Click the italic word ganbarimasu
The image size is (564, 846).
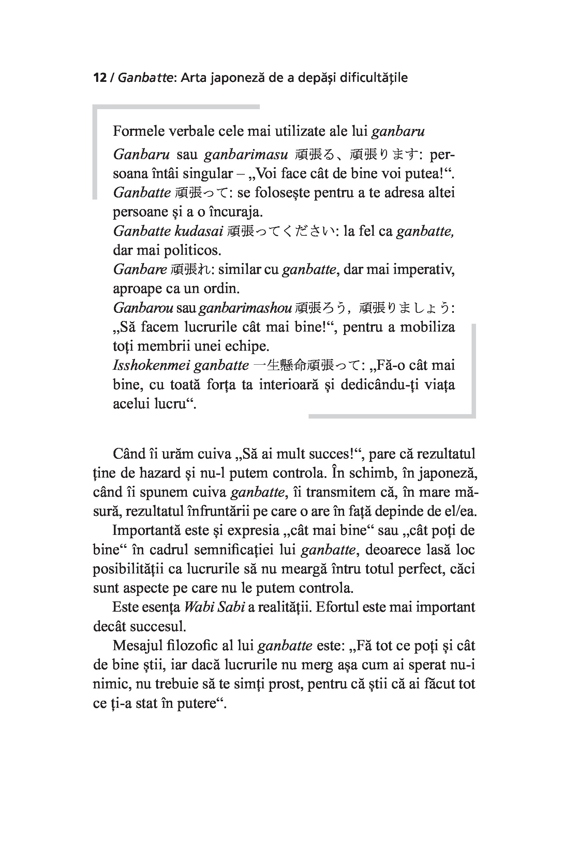click(x=246, y=155)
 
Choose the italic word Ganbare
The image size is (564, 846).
click(x=140, y=269)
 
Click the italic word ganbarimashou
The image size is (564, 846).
click(x=244, y=308)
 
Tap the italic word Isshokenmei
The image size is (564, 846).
click(x=151, y=365)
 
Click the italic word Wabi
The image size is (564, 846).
click(x=196, y=607)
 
